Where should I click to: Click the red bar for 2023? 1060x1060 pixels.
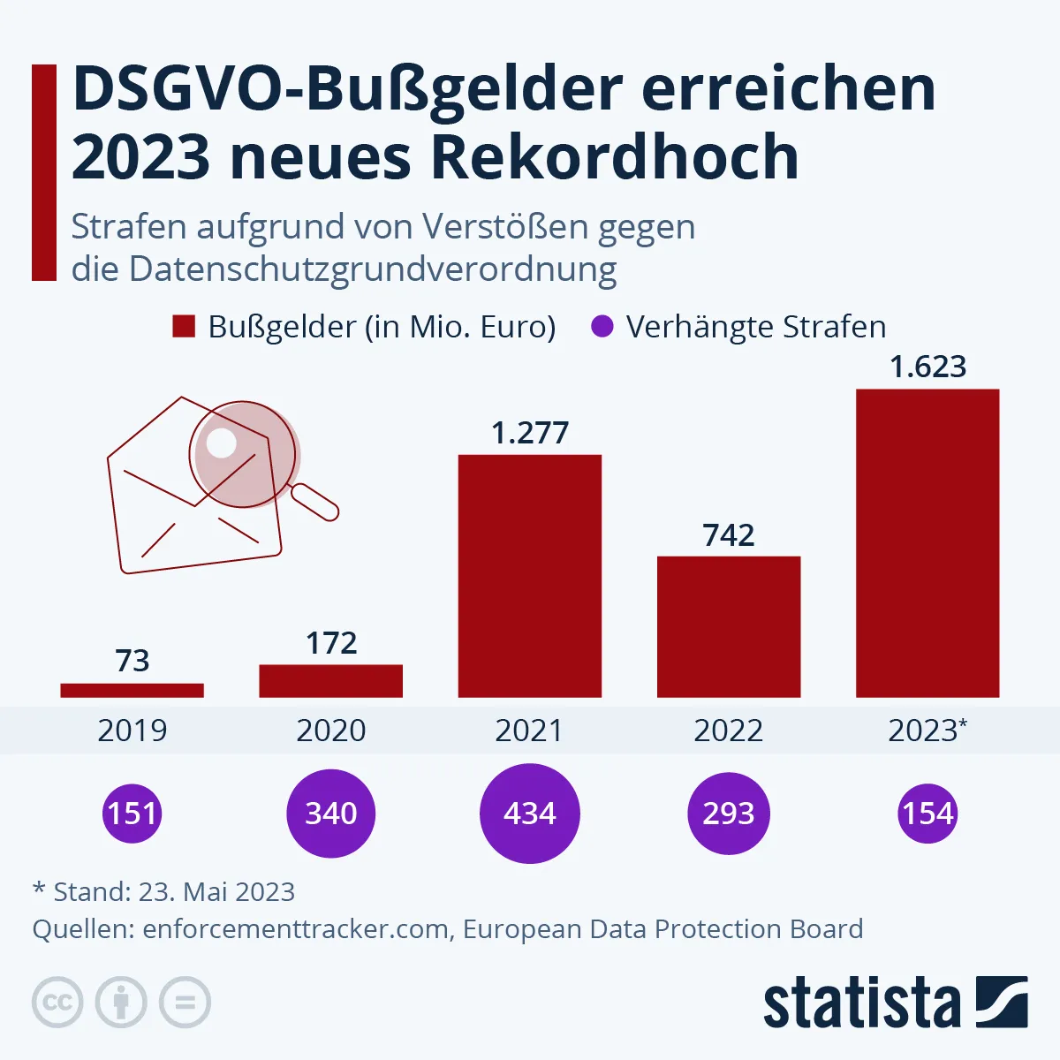[927, 543]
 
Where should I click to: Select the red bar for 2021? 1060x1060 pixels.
[529, 576]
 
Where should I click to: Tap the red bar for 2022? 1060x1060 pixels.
[729, 626]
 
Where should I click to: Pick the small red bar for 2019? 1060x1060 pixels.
[132, 690]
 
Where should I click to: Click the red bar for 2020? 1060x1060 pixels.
[330, 680]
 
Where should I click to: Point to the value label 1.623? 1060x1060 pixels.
[927, 367]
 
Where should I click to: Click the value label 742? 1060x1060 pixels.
[729, 535]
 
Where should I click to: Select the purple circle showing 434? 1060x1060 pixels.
[529, 813]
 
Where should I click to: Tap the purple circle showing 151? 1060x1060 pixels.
[132, 813]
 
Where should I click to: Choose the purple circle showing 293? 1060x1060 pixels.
[729, 813]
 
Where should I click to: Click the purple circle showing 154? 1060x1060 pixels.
[927, 813]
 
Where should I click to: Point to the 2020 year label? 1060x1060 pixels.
[330, 731]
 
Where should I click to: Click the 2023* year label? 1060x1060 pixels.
[927, 731]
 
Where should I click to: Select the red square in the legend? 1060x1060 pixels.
[183, 327]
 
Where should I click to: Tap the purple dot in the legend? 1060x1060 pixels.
[601, 327]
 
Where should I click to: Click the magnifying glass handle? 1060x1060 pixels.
[315, 503]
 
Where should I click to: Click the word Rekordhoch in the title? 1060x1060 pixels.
[615, 157]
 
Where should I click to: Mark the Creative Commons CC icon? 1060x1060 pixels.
[57, 1003]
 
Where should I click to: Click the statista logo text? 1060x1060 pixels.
[861, 1004]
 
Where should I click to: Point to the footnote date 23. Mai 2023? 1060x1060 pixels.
[216, 892]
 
